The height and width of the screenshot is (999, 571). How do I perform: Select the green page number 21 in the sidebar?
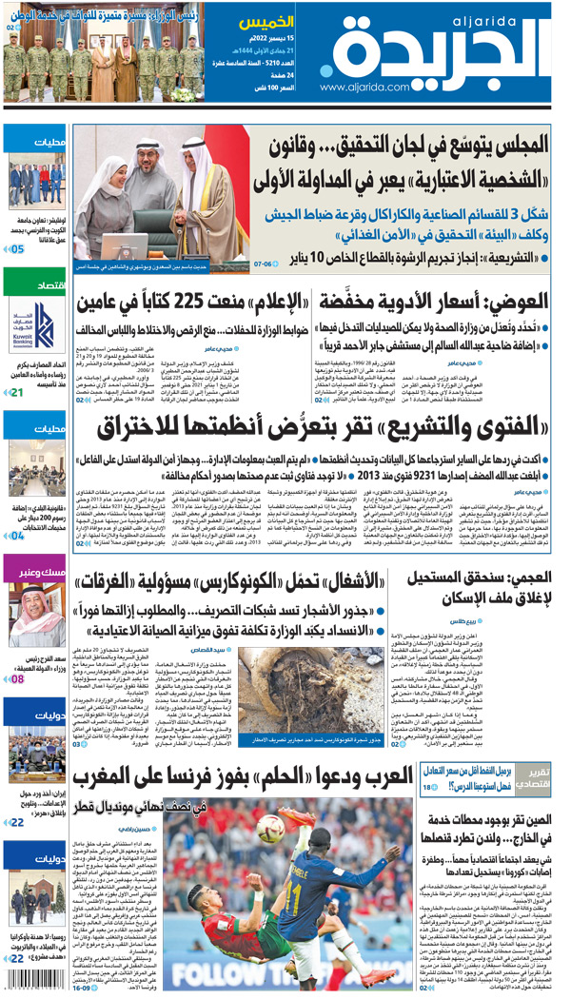17,392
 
